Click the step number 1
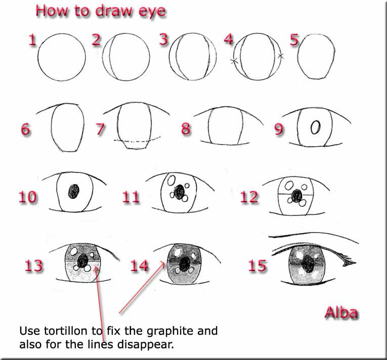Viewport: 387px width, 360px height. pyautogui.click(x=33, y=40)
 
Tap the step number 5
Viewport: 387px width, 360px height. pyautogui.click(x=293, y=40)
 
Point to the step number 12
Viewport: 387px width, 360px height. pyautogui.click(x=249, y=197)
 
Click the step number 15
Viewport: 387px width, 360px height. pyautogui.click(x=257, y=265)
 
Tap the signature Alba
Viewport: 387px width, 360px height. pyautogui.click(x=341, y=312)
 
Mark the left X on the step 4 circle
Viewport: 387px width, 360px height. pyautogui.click(x=234, y=61)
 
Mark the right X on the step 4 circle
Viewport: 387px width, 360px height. pyautogui.click(x=281, y=57)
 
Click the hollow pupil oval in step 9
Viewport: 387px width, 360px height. pyautogui.click(x=315, y=128)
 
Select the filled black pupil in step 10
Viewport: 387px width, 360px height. pyautogui.click(x=74, y=191)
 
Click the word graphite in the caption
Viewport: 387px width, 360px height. pyautogui.click(x=165, y=332)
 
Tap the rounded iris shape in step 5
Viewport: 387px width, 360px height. pyautogui.click(x=315, y=57)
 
